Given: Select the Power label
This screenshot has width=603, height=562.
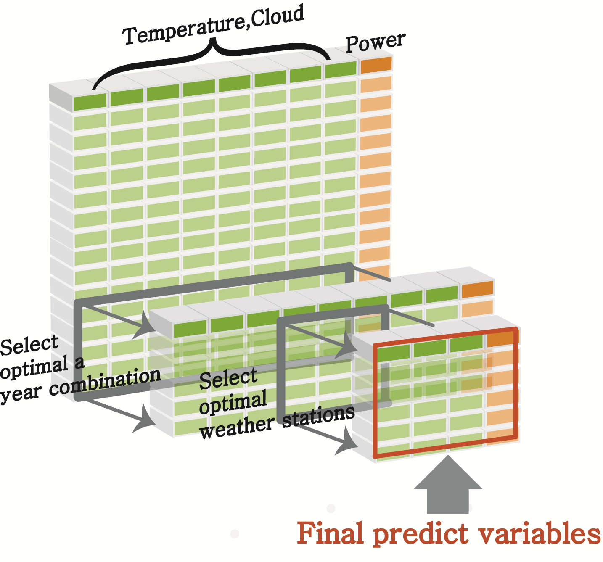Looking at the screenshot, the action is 376,42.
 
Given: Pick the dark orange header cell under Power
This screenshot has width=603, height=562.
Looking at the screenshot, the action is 376,65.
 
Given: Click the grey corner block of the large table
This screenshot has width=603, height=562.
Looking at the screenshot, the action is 61,95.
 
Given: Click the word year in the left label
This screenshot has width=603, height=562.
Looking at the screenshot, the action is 20,395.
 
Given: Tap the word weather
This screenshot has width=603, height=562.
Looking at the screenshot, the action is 237,427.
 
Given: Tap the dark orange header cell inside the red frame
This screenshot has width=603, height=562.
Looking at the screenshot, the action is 501,338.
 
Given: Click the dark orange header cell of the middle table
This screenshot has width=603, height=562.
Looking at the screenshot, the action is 477,289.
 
